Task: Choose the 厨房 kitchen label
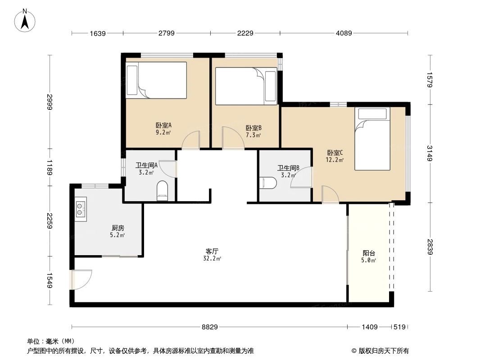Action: pos(118,228)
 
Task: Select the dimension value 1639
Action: pos(97,33)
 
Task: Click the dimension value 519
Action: pos(399,327)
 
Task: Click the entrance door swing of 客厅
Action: pos(82,279)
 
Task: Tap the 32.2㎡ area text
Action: pos(212,259)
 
